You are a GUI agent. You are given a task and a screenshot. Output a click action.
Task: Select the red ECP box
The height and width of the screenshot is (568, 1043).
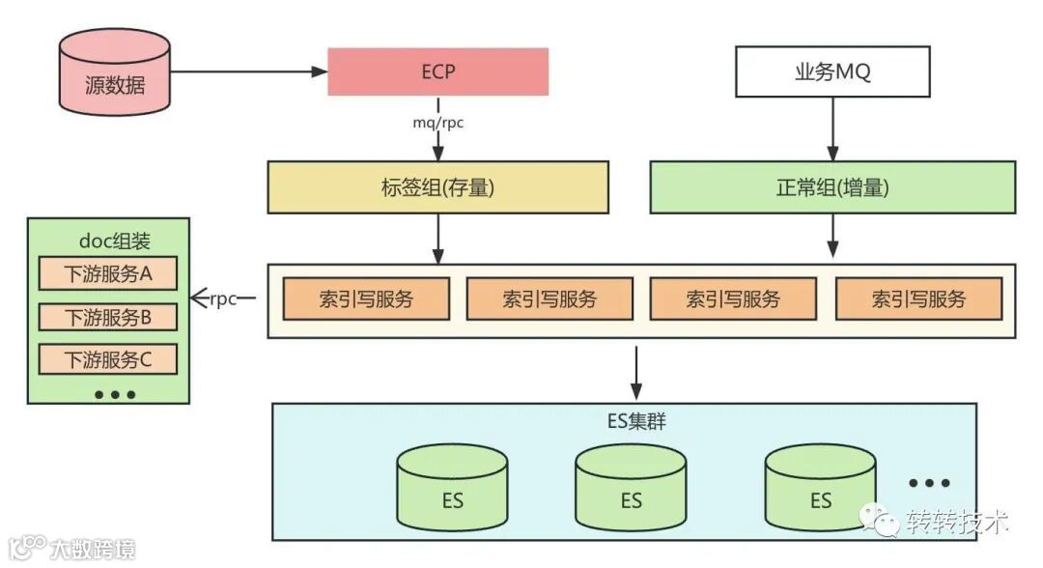click(x=437, y=72)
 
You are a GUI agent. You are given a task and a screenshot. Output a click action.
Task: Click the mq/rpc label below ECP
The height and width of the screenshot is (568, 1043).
click(x=438, y=125)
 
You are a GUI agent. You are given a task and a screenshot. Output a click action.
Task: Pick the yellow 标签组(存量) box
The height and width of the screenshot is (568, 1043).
click(x=437, y=187)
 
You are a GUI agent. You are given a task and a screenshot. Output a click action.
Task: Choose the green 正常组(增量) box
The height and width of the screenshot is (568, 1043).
click(x=832, y=187)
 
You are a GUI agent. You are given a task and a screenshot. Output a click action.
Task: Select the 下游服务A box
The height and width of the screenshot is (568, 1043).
click(x=108, y=273)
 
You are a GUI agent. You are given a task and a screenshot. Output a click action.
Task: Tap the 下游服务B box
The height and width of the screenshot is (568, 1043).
click(x=108, y=317)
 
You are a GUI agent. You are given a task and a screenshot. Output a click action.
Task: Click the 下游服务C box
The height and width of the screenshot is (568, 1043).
click(x=108, y=360)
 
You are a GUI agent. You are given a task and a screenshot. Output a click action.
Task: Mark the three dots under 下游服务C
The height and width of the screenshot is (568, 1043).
click(x=115, y=394)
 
